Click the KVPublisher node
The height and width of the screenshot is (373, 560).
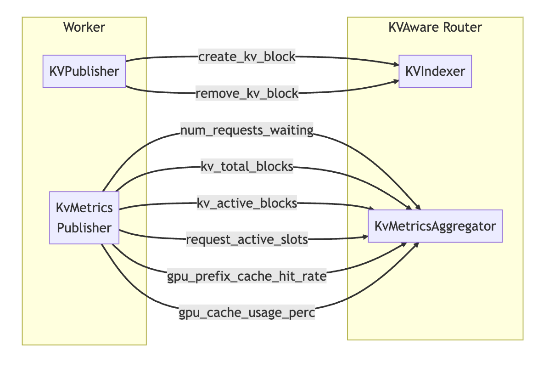click(x=84, y=71)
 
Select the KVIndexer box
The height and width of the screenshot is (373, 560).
click(x=435, y=71)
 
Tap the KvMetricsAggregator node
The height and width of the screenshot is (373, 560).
click(x=435, y=226)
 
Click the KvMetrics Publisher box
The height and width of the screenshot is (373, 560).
click(x=84, y=218)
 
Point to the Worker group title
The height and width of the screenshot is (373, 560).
click(x=84, y=28)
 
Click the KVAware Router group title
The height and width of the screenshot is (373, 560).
click(x=435, y=28)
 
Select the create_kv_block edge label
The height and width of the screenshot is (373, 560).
click(x=246, y=57)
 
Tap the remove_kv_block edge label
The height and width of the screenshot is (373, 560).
click(x=247, y=94)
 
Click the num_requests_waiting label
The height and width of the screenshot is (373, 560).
click(x=247, y=131)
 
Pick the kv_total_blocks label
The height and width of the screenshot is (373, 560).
click(x=247, y=167)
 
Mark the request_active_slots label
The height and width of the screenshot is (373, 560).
click(x=246, y=239)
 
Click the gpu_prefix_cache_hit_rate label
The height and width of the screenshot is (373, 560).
click(x=247, y=276)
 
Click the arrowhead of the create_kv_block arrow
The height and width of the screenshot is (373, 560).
click(x=395, y=65)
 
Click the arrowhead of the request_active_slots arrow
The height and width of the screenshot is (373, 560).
click(x=365, y=237)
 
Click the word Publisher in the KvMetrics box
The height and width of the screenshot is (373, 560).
click(x=84, y=228)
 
